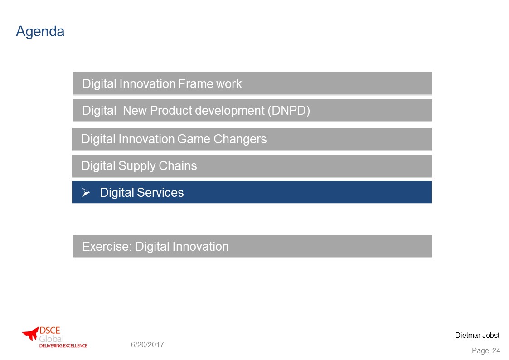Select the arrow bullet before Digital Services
[86, 193]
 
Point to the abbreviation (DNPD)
[289, 111]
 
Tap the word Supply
[137, 166]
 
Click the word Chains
[178, 166]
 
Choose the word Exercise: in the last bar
[107, 247]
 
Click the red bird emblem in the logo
[30, 333]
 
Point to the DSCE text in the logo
[50, 331]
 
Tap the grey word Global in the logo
[51, 339]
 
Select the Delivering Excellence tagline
[63, 345]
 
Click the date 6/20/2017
[147, 345]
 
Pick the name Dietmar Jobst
[477, 336]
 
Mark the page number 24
[496, 350]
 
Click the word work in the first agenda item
[229, 84]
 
